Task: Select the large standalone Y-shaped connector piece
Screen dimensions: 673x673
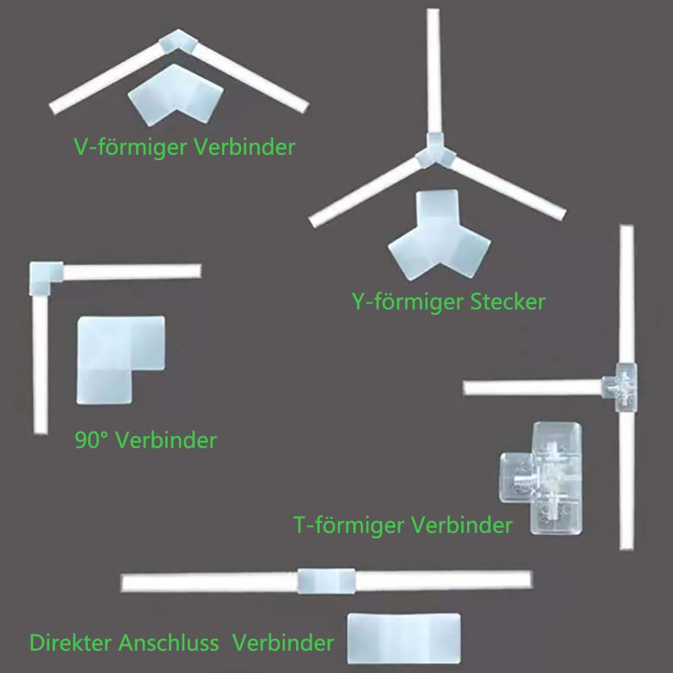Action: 439,234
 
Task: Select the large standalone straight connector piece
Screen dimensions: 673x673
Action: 403,638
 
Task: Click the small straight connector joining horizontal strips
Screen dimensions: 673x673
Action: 326,581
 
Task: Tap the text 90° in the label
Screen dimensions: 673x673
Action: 92,440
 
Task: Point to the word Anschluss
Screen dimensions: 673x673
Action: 169,643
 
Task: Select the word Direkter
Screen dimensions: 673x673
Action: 70,643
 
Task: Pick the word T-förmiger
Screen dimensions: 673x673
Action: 349,526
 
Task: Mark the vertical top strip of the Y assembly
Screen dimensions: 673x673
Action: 433,72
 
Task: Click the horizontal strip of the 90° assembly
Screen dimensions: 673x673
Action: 132,272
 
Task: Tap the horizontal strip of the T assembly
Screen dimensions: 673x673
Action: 533,388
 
